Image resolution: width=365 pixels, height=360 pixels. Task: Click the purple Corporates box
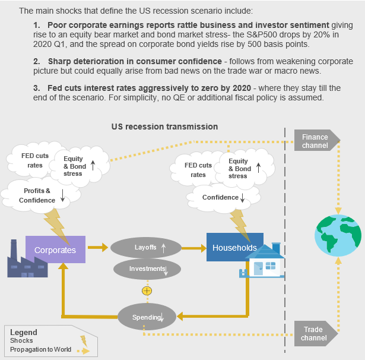pyautogui.click(x=55, y=250)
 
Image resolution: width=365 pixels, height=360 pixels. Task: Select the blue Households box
pyautogui.click(x=234, y=247)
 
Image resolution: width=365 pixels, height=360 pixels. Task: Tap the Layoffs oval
pyautogui.click(x=145, y=247)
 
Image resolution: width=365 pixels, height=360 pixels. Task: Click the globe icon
pyautogui.click(x=338, y=235)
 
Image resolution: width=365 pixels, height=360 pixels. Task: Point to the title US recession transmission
pyautogui.click(x=164, y=127)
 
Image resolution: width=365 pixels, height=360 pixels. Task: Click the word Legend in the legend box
pyautogui.click(x=24, y=333)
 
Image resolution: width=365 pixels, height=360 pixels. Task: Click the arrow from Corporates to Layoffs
pyautogui.click(x=97, y=247)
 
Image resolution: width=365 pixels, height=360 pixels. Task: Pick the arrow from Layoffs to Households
pyautogui.click(x=190, y=247)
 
